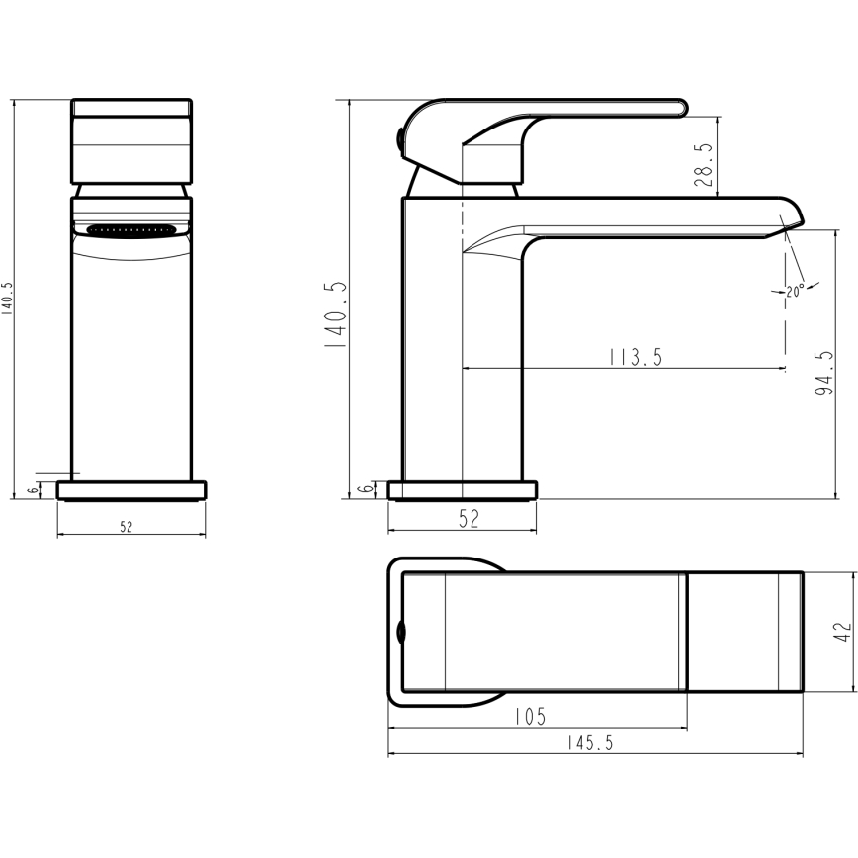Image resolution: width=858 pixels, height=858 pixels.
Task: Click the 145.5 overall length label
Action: [590, 743]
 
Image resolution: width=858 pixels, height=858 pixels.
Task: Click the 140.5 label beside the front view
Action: [8, 298]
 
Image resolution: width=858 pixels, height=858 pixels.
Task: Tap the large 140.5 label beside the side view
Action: [337, 315]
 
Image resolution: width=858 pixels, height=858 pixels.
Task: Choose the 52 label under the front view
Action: [127, 527]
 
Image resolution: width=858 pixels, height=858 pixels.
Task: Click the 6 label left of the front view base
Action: [33, 489]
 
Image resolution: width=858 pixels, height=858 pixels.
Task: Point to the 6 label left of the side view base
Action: [365, 489]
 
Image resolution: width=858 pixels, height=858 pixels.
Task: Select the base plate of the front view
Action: [131, 489]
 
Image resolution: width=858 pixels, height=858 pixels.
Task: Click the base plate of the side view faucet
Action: [463, 489]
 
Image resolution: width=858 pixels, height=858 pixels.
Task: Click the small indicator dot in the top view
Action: [399, 630]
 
